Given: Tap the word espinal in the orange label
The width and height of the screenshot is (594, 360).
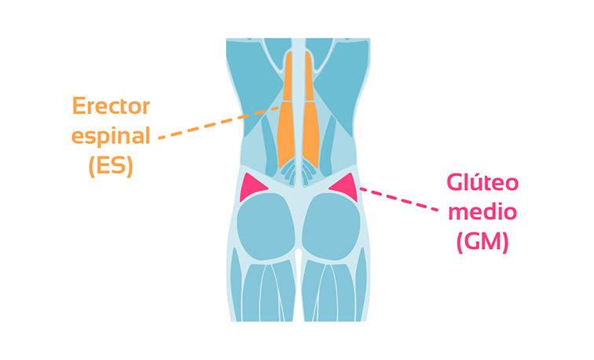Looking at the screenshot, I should tap(111, 136).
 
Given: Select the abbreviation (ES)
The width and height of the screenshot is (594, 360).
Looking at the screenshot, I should tap(111, 166).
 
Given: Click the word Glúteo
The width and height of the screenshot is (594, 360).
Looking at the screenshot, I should tap(482, 184).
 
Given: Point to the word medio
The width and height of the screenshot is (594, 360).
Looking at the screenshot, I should tap(482, 213).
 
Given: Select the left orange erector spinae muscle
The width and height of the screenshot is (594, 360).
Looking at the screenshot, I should tap(288, 118).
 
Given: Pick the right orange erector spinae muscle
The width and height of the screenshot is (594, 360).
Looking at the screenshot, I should tap(309, 118).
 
